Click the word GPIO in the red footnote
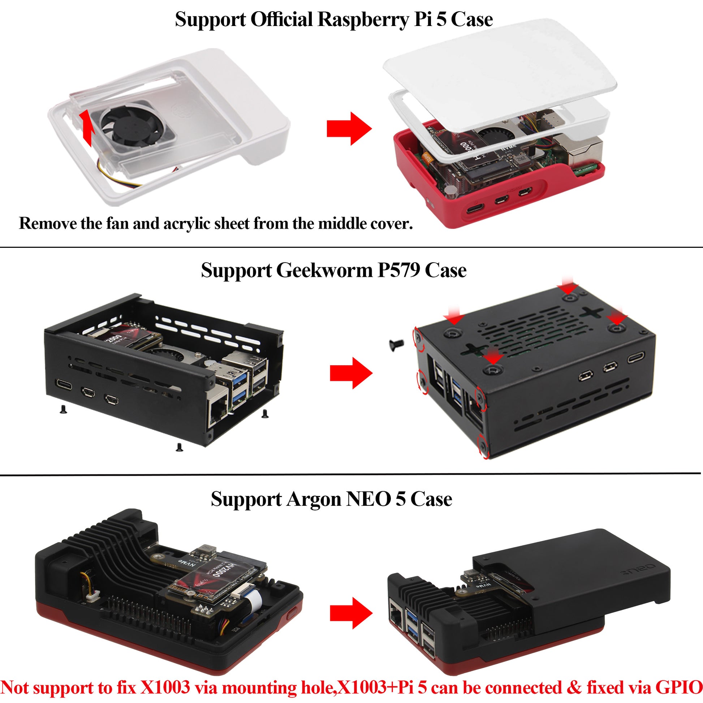tap(679, 687)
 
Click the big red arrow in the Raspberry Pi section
tap(349, 129)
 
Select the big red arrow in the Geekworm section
tap(351, 373)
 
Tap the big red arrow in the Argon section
tap(351, 613)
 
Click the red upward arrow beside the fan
tap(87, 128)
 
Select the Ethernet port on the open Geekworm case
tap(217, 409)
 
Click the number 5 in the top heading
tap(441, 20)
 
